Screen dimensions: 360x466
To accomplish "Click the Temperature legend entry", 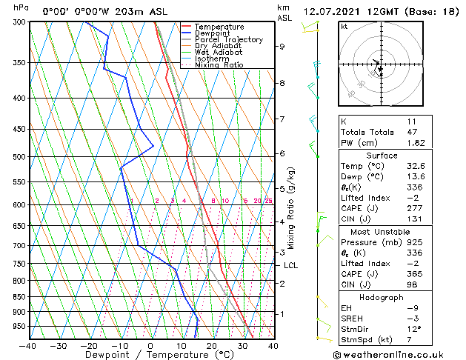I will pos(219,27).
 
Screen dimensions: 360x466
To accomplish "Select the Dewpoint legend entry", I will pos(213,33).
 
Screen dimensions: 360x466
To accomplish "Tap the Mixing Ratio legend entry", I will pos(219,65).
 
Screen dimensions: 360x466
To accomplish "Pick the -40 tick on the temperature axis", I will pos(28,346).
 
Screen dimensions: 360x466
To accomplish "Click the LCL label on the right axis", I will pos(291,265).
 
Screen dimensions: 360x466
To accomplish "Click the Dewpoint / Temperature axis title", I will pos(150,355).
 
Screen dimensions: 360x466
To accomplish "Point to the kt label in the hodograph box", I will pos(344,27).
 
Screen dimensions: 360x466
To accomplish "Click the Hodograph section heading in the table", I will pos(381,297).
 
